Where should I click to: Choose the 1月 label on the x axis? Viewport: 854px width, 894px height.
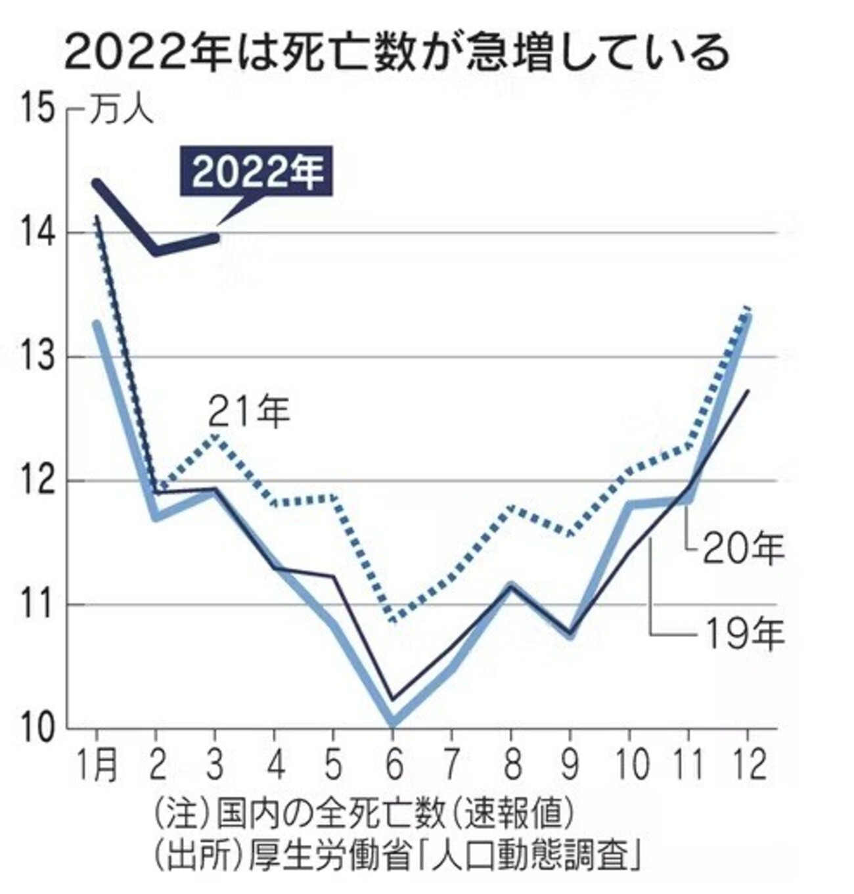(97, 765)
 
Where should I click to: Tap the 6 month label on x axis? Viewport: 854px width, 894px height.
(393, 765)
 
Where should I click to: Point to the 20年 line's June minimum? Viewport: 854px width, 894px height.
(393, 722)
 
